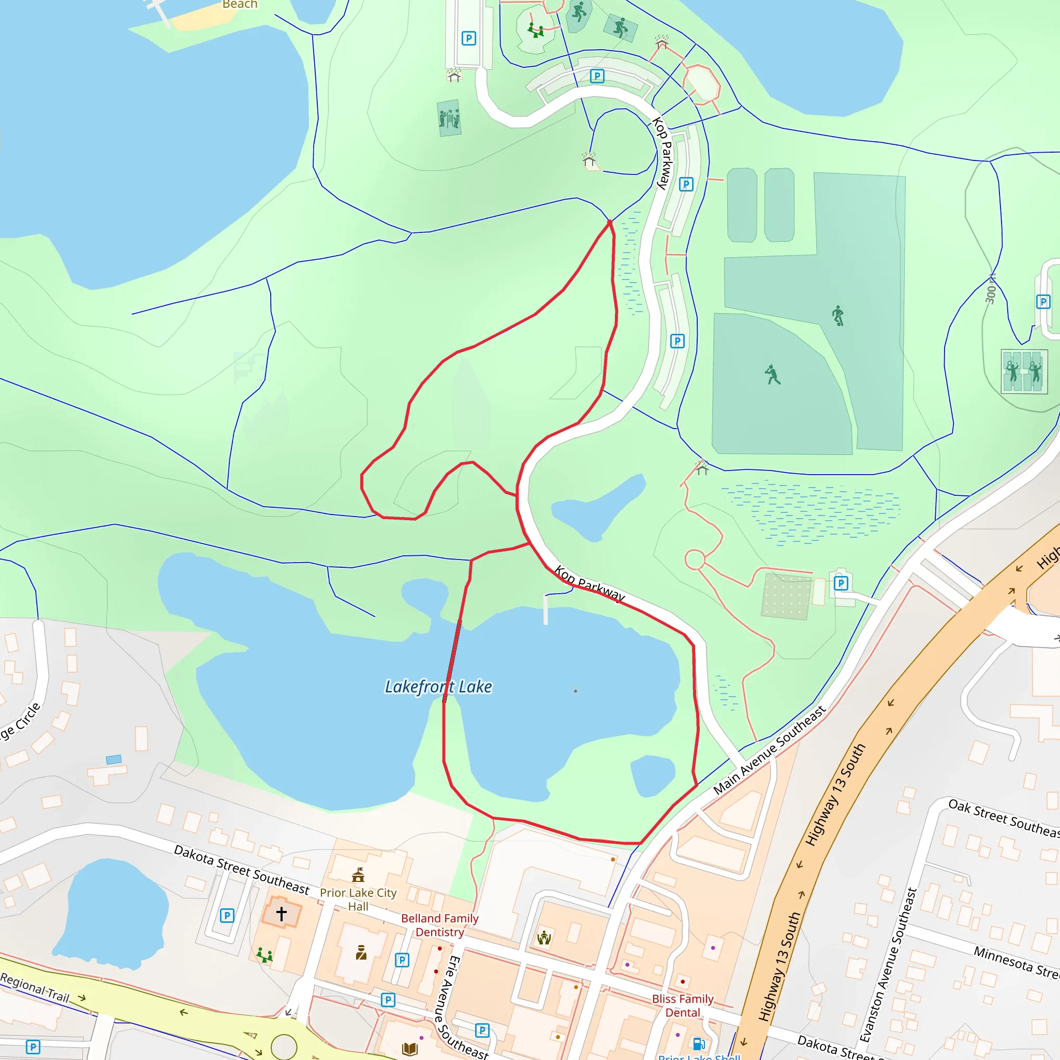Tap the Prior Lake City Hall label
pyautogui.click(x=358, y=900)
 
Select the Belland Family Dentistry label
pyautogui.click(x=439, y=925)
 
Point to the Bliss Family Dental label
pyautogui.click(x=683, y=1006)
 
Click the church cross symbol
pyautogui.click(x=282, y=914)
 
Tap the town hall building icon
pyautogui.click(x=358, y=875)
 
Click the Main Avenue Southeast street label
pyautogui.click(x=769, y=750)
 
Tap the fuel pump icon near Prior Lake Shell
pyautogui.click(x=698, y=1043)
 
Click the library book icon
pyautogui.click(x=410, y=1049)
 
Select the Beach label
pyautogui.click(x=240, y=4)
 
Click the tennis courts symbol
pyautogui.click(x=1024, y=372)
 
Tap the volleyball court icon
pyautogui.click(x=449, y=118)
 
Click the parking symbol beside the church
pyautogui.click(x=227, y=915)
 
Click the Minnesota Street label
pyautogui.click(x=1015, y=962)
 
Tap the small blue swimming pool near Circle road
pyautogui.click(x=113, y=759)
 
